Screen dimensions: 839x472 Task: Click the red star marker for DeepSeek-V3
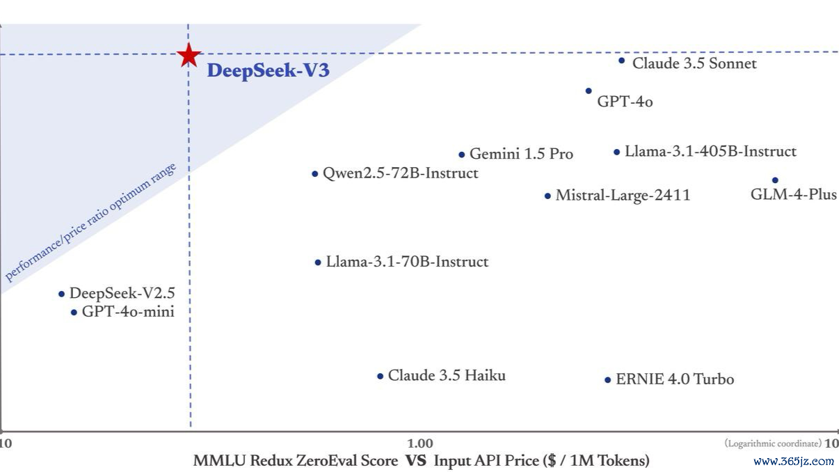[x=189, y=55]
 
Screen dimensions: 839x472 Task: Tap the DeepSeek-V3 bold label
[x=268, y=70]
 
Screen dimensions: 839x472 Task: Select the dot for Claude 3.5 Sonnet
[x=621, y=61]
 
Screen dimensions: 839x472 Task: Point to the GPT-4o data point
[x=589, y=91]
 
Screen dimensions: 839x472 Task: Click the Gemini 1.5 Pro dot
[x=462, y=155]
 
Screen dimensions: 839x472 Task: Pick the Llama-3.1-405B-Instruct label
[x=710, y=152]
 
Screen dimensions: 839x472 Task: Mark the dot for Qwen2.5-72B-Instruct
[x=315, y=174]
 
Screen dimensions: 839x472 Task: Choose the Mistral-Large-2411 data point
[x=548, y=196]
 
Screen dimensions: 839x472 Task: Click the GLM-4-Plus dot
[x=775, y=180]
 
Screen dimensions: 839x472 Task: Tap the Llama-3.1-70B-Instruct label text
[x=407, y=262]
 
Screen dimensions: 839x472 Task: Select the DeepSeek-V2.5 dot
[x=61, y=294]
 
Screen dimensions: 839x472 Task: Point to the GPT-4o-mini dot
[x=74, y=313]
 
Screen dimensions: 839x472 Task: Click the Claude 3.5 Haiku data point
[x=380, y=376]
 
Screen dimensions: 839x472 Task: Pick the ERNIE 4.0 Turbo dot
[x=607, y=380]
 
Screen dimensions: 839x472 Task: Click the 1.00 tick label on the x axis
[x=420, y=443]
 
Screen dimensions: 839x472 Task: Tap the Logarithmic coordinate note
[x=773, y=443]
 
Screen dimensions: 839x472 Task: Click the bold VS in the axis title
[x=416, y=461]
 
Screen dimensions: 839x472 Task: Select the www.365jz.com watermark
[x=794, y=461]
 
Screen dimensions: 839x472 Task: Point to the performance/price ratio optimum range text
[x=90, y=222]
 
